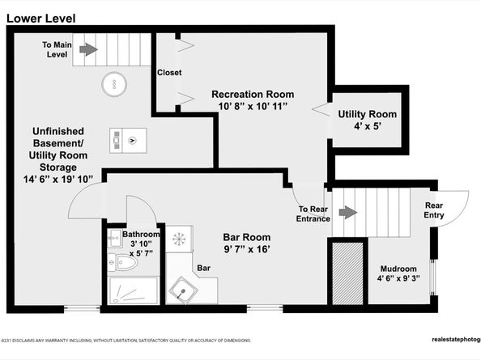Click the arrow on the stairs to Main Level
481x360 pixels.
[x=88, y=49]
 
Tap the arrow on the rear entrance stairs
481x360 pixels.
[x=347, y=213]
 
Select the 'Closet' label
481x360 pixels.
[x=169, y=73]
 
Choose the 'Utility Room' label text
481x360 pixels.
[x=367, y=114]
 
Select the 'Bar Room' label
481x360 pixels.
[x=246, y=237]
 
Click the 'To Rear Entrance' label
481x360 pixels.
[x=309, y=214]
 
